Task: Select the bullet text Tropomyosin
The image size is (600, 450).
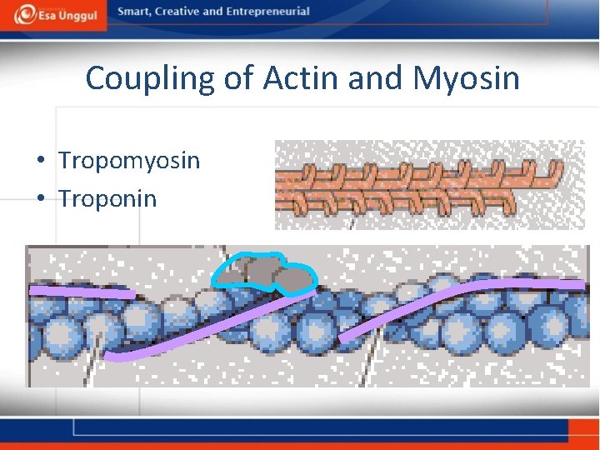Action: click(129, 160)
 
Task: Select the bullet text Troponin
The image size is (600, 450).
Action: click(107, 198)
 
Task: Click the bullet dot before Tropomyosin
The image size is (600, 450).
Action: click(40, 161)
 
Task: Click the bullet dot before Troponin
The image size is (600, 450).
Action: click(40, 199)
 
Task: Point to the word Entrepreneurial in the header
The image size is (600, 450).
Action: click(267, 12)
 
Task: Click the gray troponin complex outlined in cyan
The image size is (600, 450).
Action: click(266, 272)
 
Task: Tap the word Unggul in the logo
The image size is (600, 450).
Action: click(77, 17)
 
